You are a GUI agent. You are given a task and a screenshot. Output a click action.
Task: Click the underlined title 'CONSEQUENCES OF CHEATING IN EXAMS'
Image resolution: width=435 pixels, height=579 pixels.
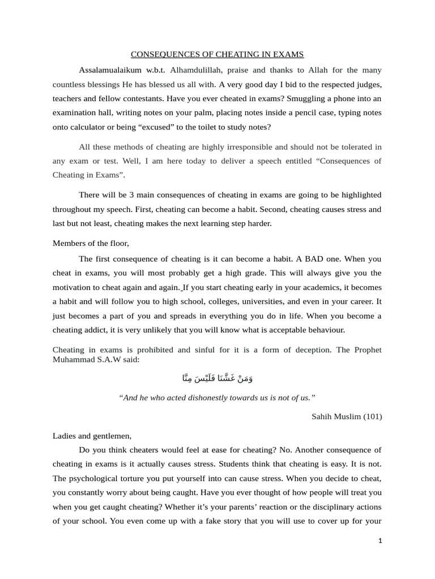217,55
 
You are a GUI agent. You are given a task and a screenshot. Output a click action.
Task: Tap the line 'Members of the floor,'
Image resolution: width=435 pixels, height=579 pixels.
91,243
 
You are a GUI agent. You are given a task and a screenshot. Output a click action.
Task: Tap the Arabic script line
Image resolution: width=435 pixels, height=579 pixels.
217,378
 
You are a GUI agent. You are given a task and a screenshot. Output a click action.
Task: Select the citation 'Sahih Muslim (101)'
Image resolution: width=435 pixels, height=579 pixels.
347,417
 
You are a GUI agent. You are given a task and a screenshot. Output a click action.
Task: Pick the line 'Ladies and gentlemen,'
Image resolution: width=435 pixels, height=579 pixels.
92,436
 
